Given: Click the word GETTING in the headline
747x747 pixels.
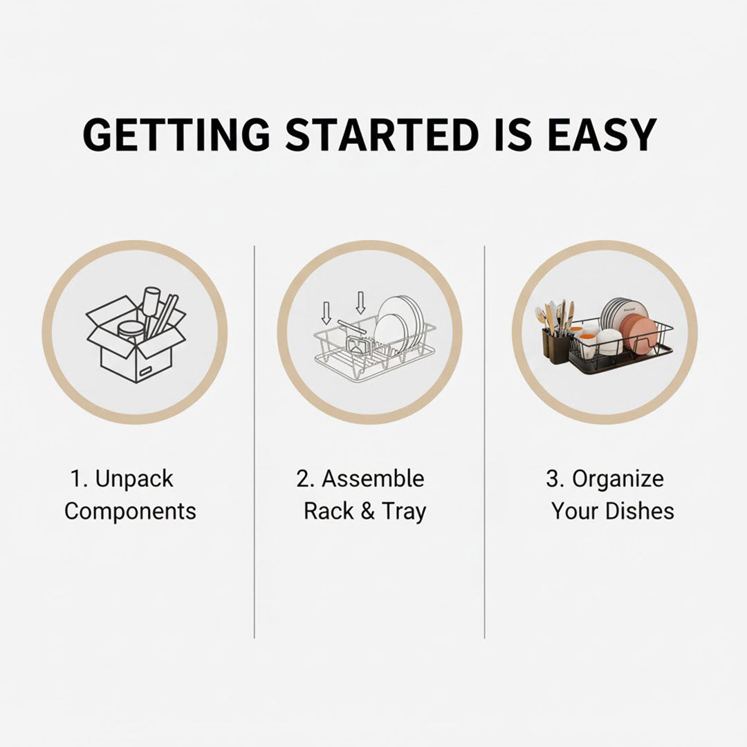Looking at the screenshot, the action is pyautogui.click(x=176, y=134).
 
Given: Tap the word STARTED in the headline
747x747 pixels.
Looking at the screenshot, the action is pyautogui.click(x=382, y=134).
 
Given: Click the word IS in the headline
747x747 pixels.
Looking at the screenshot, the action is pyautogui.click(x=513, y=134).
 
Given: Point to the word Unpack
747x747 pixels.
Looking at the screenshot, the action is pyautogui.click(x=134, y=479).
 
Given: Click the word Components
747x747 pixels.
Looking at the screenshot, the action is pyautogui.click(x=130, y=511).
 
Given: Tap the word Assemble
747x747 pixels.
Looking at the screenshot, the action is pyautogui.click(x=373, y=479).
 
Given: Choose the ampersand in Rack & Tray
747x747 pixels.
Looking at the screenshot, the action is pyautogui.click(x=367, y=511).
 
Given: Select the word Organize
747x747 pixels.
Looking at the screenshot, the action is pyautogui.click(x=618, y=479).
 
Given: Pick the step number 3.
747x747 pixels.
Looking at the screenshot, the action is pyautogui.click(x=553, y=479).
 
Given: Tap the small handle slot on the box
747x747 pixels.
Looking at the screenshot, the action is pyautogui.click(x=145, y=371).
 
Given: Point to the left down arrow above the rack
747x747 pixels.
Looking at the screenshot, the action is pyautogui.click(x=326, y=313).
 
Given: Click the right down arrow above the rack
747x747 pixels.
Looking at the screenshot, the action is pyautogui.click(x=360, y=303).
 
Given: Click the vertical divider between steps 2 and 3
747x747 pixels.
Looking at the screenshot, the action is pyautogui.click(x=484, y=442).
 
